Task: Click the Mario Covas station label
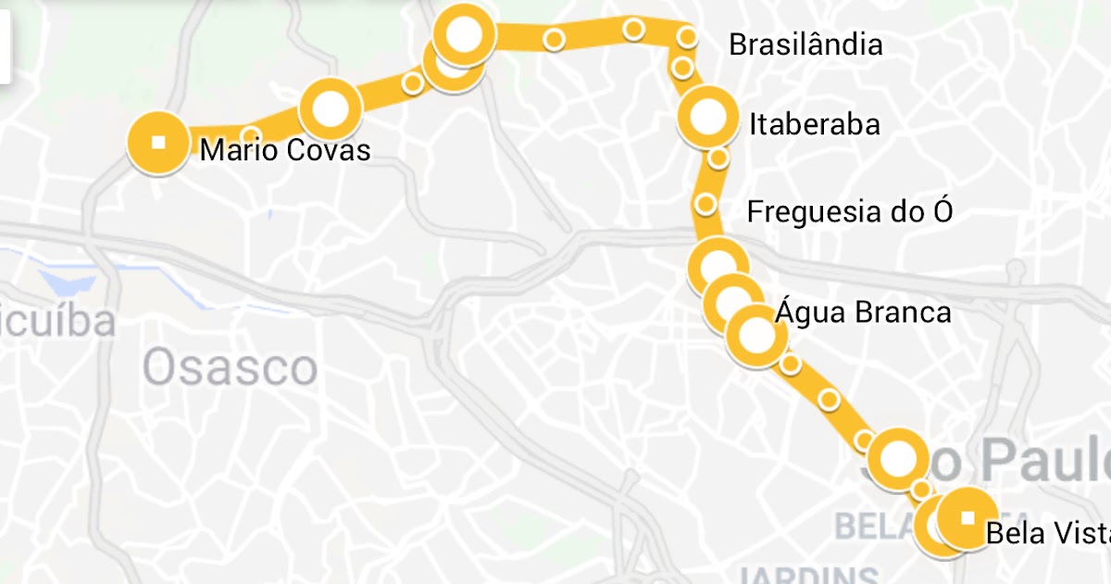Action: (285, 150)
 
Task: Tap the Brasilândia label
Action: (805, 44)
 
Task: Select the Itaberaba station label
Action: (815, 124)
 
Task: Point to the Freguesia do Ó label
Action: (849, 212)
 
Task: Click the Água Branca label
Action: (863, 312)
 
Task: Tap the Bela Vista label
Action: (1046, 534)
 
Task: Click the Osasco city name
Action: (230, 368)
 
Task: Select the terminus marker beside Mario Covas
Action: (158, 142)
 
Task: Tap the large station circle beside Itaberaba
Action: (710, 118)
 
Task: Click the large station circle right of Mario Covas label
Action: (331, 109)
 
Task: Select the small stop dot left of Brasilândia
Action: (687, 37)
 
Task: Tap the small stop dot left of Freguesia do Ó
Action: (705, 204)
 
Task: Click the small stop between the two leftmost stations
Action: (251, 133)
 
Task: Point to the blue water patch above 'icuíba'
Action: (70, 280)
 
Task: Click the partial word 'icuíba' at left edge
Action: (57, 322)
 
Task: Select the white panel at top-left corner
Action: (5, 42)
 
